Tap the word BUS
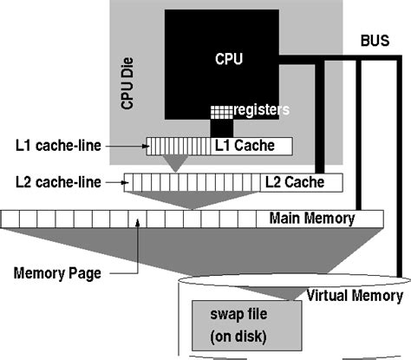375,41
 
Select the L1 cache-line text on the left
55,145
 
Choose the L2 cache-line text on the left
55,181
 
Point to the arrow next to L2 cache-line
114,181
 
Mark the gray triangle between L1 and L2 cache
179,162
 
